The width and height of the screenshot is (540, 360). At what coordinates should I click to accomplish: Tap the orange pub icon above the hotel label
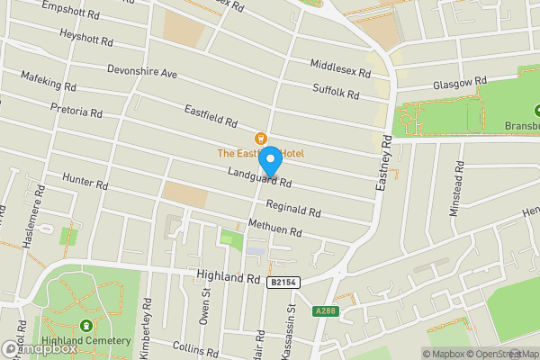[261, 139]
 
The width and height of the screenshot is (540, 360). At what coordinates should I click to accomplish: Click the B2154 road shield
[283, 283]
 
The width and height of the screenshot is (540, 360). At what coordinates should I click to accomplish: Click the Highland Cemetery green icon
[85, 327]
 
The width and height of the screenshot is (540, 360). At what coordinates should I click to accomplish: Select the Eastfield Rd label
[211, 116]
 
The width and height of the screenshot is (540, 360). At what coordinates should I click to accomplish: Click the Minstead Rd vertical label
[458, 189]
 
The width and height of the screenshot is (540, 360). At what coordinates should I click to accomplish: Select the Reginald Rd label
[293, 209]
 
